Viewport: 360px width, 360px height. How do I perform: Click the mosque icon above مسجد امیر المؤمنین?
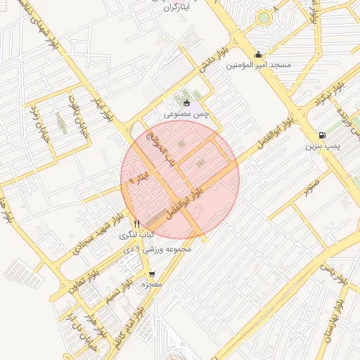259,54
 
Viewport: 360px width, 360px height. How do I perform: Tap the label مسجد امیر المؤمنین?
259,65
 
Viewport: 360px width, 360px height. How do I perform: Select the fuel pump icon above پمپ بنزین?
322,135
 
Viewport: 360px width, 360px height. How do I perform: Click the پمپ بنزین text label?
322,146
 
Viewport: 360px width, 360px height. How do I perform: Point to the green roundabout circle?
264,17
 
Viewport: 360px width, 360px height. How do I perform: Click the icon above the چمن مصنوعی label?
186,103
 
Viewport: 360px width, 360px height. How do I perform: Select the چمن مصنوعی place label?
187,112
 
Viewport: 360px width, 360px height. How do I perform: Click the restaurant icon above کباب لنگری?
137,224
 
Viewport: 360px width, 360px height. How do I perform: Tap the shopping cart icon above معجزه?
153,274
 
